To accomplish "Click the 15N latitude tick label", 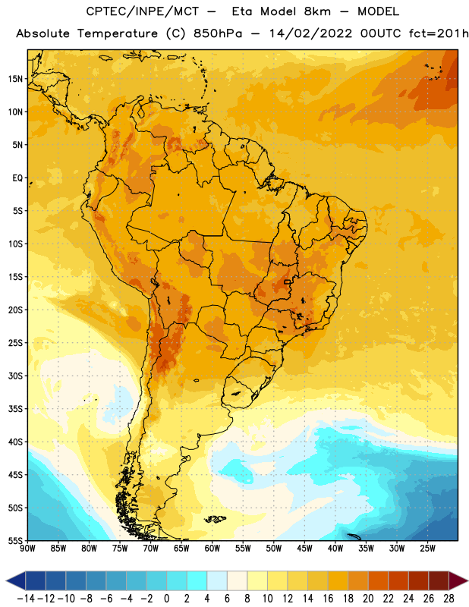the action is (x=15, y=79).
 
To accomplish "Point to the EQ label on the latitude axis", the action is (x=17, y=178).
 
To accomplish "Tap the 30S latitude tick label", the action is (x=15, y=376).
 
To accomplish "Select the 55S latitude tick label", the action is (x=15, y=541).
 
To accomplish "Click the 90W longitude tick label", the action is (x=27, y=549).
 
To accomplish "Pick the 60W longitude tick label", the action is (x=212, y=549).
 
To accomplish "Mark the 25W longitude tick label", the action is (x=427, y=549).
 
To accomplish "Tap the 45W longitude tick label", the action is (x=304, y=549).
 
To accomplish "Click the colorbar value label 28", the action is (x=449, y=599).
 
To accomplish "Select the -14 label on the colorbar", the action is (x=26, y=599).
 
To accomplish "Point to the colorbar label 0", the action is (x=166, y=599).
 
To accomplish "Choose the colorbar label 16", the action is (x=328, y=599).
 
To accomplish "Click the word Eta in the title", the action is (x=242, y=11).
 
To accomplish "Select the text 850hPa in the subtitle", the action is (x=218, y=33).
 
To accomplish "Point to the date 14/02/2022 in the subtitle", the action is (x=310, y=33).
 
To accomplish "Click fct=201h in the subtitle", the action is (x=439, y=33).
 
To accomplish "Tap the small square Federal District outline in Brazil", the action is (x=288, y=281).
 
